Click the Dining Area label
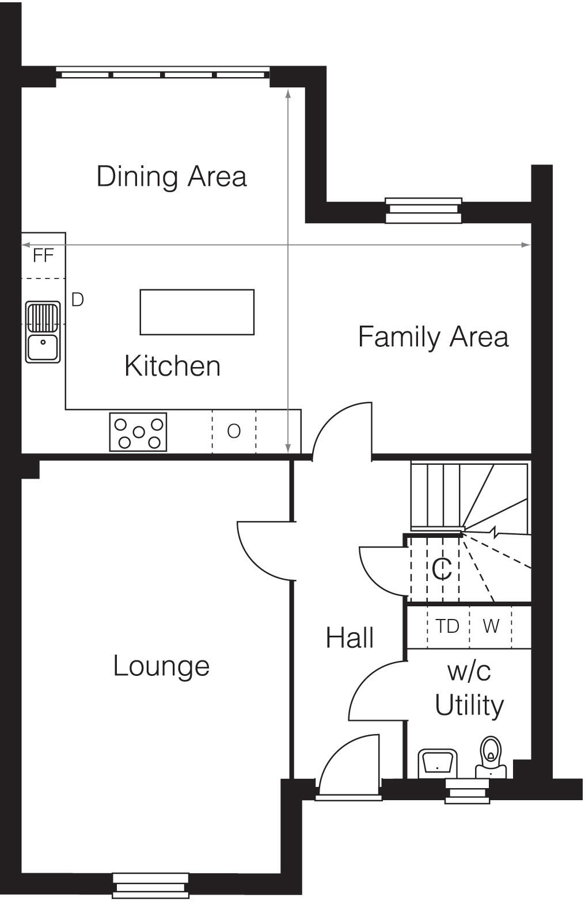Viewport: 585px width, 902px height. [172, 176]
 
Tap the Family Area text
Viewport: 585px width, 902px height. [433, 337]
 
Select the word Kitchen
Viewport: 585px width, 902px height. [172, 366]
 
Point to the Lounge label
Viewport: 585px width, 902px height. [161, 666]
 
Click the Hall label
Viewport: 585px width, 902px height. [350, 638]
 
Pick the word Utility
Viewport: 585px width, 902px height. [469, 705]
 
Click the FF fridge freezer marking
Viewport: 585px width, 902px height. [43, 255]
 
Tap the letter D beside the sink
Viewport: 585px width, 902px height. [77, 300]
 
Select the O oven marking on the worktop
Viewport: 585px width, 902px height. [233, 431]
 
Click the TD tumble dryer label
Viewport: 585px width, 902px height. [447, 626]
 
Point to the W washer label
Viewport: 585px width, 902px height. [491, 626]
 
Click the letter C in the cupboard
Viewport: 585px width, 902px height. [442, 570]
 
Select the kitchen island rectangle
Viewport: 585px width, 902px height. [197, 312]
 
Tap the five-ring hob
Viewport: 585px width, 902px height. [138, 432]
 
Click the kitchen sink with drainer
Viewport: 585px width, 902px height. [43, 332]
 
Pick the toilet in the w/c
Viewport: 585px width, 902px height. [491, 756]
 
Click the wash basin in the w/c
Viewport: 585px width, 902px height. [437, 763]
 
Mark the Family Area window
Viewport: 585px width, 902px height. [423, 211]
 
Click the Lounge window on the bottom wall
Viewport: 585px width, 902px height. [150, 885]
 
